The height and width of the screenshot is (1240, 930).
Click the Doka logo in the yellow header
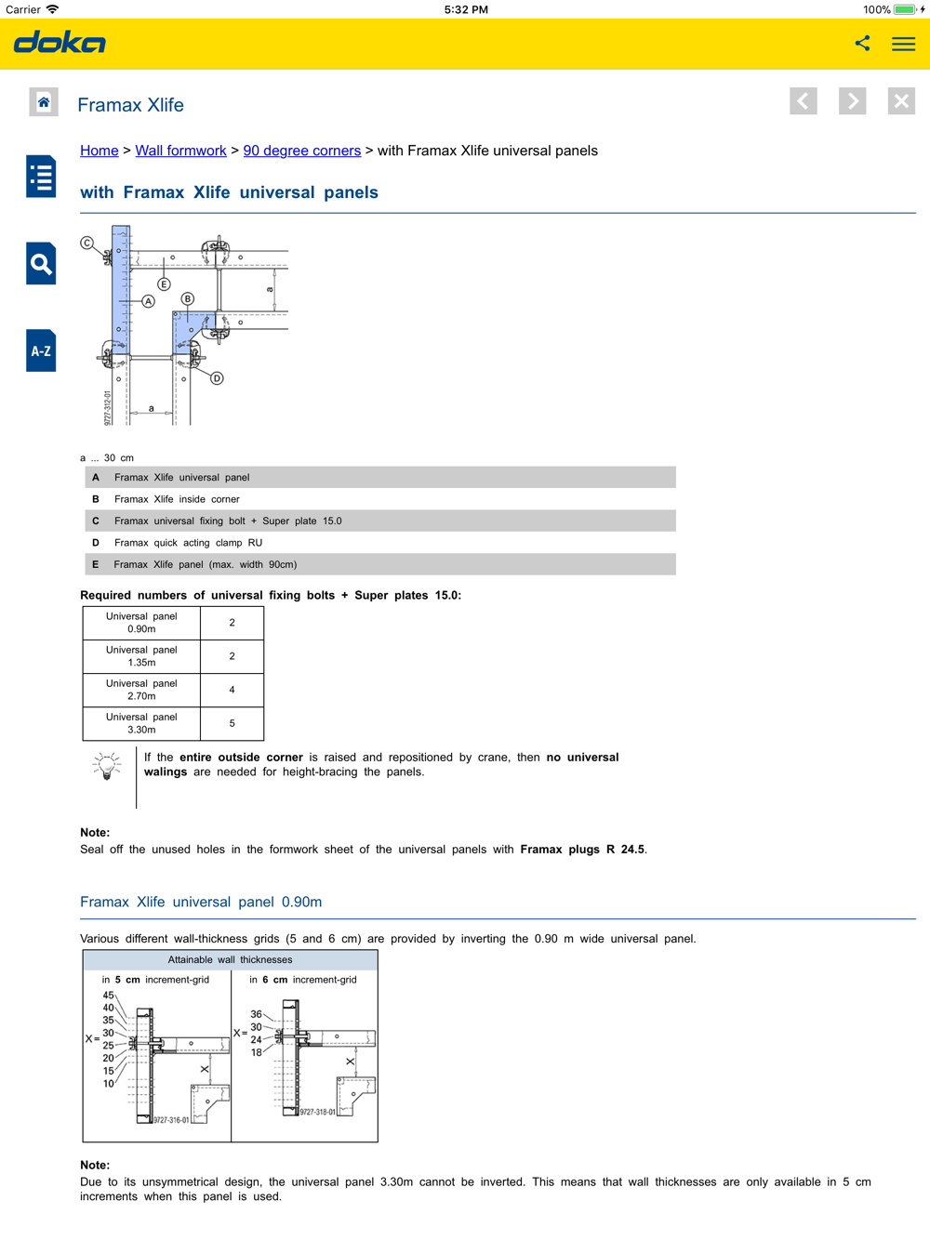point(60,43)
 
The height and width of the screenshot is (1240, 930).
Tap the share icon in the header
point(862,43)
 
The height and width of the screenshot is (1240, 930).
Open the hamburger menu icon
point(903,44)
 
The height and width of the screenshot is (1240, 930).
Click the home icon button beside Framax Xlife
point(44,102)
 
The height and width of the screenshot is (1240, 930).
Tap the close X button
point(900,101)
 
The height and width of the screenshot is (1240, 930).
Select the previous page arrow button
point(804,101)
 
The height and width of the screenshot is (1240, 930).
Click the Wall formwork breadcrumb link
point(180,151)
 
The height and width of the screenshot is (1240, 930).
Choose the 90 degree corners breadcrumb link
point(301,151)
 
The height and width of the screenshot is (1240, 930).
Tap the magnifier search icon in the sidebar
point(41,264)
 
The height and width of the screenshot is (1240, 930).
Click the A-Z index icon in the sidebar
point(41,351)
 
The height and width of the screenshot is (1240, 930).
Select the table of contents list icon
point(41,177)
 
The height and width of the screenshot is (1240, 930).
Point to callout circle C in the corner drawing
point(87,244)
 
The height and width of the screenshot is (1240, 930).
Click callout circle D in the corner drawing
point(217,378)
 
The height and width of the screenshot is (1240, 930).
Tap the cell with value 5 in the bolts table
point(232,723)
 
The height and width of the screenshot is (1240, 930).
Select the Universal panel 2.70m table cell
point(141,690)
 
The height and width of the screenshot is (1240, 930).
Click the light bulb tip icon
point(107,766)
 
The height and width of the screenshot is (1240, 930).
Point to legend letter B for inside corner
point(96,499)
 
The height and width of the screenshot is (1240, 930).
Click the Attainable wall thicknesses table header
point(230,960)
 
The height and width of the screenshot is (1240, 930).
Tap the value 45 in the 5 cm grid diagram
point(109,996)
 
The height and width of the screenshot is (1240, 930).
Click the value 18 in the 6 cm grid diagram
point(257,1052)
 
